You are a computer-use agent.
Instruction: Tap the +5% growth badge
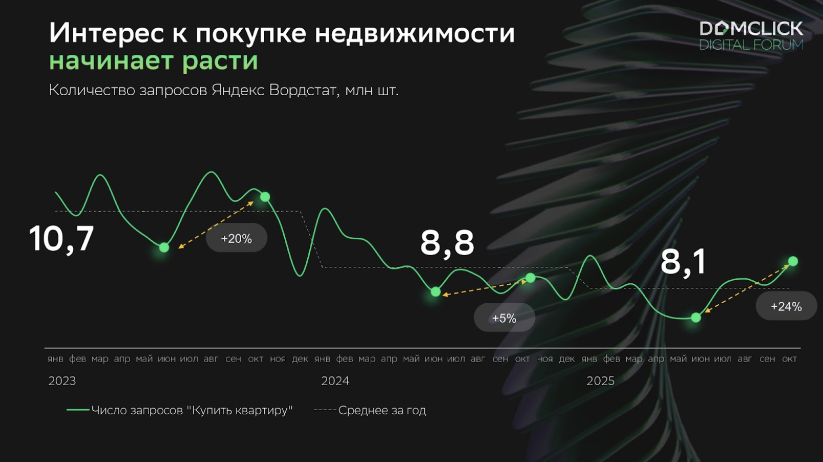tap(504, 318)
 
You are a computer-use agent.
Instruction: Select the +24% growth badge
tap(786, 306)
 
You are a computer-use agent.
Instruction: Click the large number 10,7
tap(61, 239)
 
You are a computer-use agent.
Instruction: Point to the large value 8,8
tap(447, 243)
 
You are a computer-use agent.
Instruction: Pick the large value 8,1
tap(683, 262)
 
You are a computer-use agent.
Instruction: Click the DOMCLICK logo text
tap(751, 29)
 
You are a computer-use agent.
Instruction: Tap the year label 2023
tap(62, 381)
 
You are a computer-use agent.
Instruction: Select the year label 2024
tap(335, 381)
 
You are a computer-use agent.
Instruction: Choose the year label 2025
tap(600, 381)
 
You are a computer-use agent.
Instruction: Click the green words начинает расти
tap(154, 61)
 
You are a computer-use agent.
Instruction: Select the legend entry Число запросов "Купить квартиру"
tap(180, 410)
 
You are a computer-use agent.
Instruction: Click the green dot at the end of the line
tap(793, 261)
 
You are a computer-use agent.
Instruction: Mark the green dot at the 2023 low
tap(164, 247)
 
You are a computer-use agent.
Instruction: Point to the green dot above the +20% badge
tap(265, 197)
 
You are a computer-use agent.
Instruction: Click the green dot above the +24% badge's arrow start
tap(696, 318)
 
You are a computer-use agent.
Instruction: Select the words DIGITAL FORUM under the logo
tap(751, 45)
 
